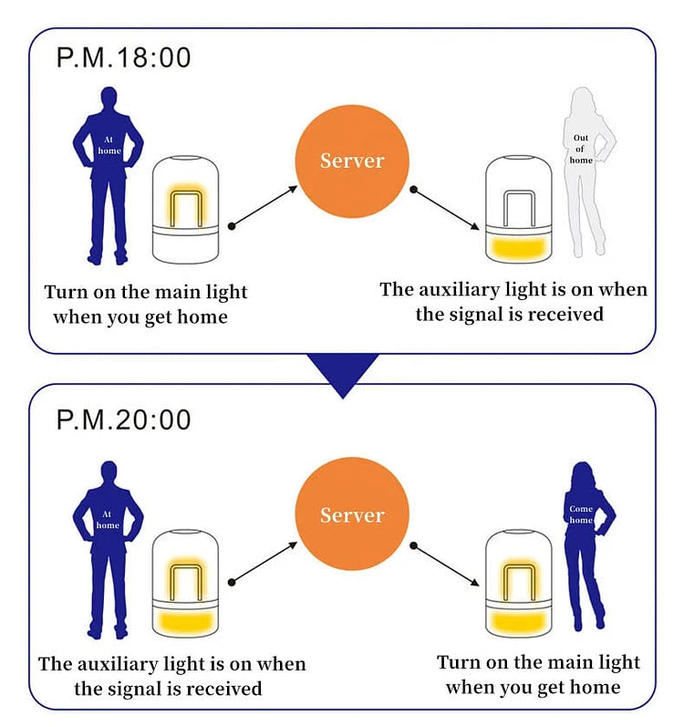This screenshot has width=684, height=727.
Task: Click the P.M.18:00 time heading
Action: click(124, 57)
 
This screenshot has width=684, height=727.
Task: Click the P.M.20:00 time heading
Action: click(124, 420)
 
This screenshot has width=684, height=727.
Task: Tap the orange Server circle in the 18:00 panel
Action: click(352, 161)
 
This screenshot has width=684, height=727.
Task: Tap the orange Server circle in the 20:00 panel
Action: click(352, 514)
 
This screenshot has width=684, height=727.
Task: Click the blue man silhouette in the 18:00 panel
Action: click(108, 173)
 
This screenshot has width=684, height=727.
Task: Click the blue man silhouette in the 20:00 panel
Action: click(108, 547)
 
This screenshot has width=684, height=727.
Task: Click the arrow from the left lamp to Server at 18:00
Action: click(265, 205)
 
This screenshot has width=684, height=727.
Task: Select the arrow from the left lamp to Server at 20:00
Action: click(265, 560)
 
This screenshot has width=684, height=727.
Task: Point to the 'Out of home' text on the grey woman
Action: click(581, 150)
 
